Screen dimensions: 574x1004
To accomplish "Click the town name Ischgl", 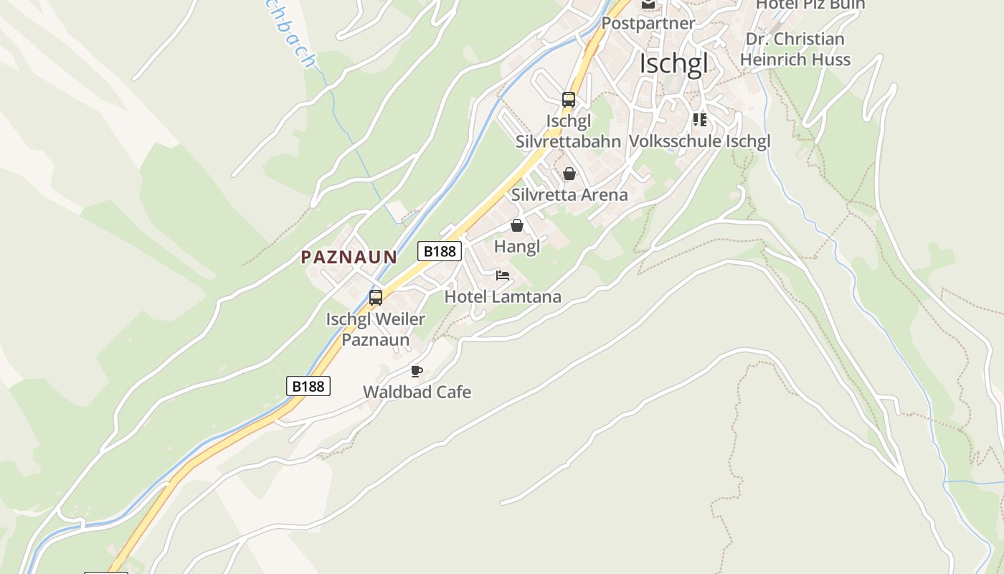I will pyautogui.click(x=673, y=64).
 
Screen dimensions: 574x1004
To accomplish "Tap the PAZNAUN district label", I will pyautogui.click(x=349, y=257).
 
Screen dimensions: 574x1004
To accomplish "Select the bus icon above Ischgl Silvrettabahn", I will pyautogui.click(x=569, y=100).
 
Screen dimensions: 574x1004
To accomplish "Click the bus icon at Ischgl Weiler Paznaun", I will pyautogui.click(x=376, y=297).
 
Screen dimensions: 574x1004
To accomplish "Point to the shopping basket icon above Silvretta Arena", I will pyautogui.click(x=569, y=174).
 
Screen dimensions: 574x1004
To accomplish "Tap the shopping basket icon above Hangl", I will pyautogui.click(x=517, y=225).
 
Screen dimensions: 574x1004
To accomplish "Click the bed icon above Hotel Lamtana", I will pyautogui.click(x=503, y=276).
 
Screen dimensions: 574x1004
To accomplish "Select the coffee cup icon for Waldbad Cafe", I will pyautogui.click(x=417, y=371).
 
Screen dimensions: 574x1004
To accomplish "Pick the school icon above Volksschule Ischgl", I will pyautogui.click(x=699, y=120).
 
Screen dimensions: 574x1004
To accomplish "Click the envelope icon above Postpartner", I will pyautogui.click(x=648, y=4).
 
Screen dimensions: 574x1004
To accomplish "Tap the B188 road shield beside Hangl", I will pyautogui.click(x=440, y=250).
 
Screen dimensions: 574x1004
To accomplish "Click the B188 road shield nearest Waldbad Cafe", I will pyautogui.click(x=309, y=386).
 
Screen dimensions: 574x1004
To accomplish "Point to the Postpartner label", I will pyautogui.click(x=648, y=23).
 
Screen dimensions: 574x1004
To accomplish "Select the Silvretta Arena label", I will pyautogui.click(x=569, y=194).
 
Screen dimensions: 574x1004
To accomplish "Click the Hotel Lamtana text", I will pyautogui.click(x=503, y=296).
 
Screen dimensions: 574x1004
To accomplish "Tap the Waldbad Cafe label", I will pyautogui.click(x=417, y=392).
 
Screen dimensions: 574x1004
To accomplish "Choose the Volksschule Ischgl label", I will pyautogui.click(x=699, y=141).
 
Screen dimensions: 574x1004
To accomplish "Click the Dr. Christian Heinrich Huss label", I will pyautogui.click(x=795, y=49).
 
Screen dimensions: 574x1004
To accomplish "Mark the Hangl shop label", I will pyautogui.click(x=517, y=246).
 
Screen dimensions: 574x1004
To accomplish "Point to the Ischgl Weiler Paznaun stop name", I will pyautogui.click(x=376, y=329).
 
